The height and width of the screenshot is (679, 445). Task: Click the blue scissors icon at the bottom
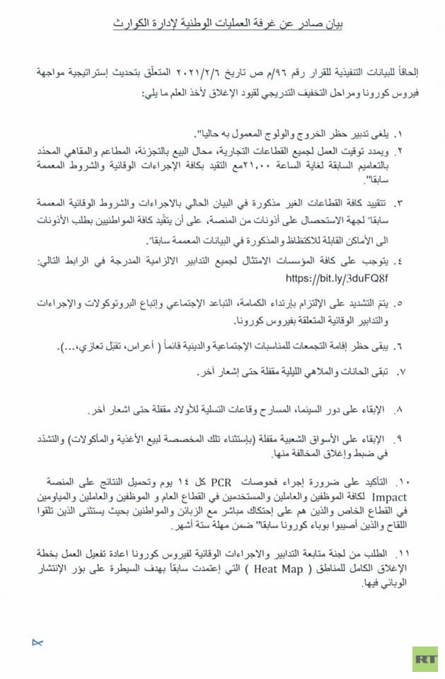(x=37, y=642)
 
